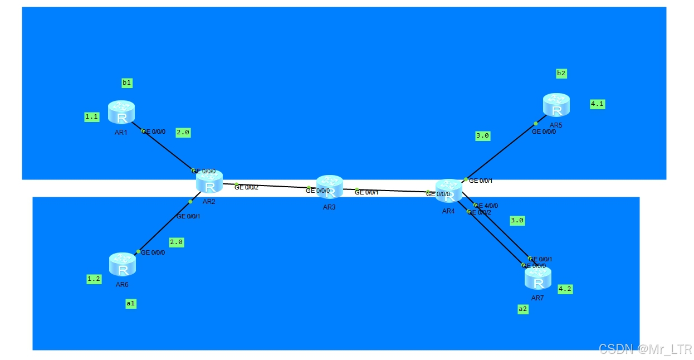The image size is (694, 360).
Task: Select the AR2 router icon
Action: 209,182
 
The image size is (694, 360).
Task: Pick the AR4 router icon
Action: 448,191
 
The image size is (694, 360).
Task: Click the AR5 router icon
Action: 556,105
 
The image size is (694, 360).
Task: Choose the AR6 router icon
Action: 123,265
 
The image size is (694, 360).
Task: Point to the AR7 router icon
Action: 538,278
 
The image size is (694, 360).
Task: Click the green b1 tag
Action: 127,83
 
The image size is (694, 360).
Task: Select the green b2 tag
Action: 561,73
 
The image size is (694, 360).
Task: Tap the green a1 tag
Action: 131,304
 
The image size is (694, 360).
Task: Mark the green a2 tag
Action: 522,309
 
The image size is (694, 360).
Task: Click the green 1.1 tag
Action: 91,117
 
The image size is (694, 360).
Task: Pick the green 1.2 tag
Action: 94,279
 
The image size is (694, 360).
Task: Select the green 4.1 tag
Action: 597,104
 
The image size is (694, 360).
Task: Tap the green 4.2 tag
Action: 565,289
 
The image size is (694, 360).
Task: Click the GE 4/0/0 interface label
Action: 486,205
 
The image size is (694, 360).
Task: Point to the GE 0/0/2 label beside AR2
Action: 246,188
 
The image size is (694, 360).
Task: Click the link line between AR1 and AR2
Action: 167,150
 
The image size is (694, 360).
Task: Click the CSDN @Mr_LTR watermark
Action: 644,349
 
